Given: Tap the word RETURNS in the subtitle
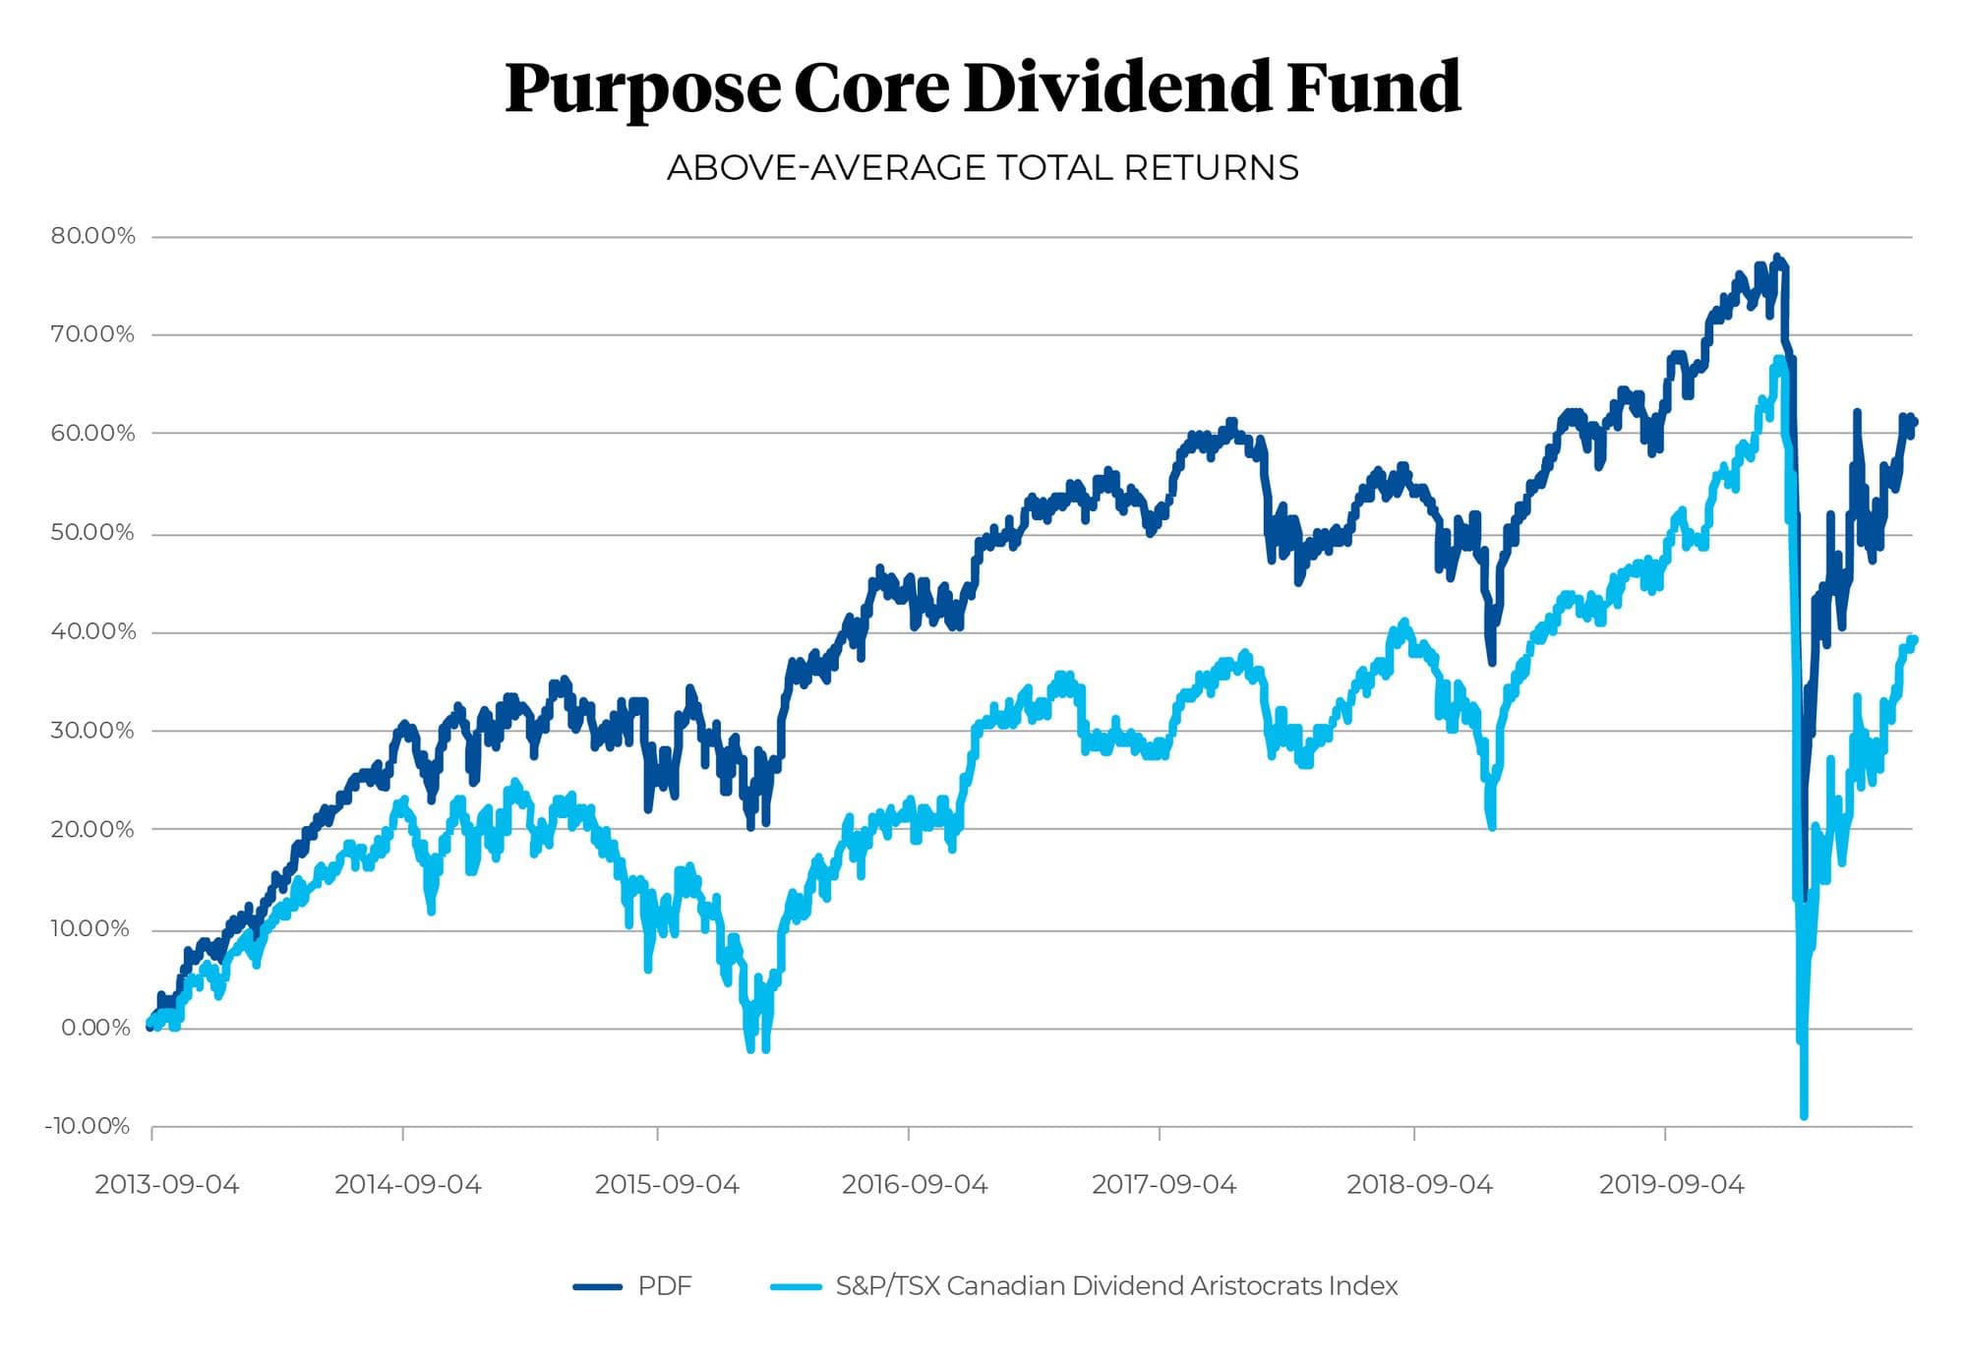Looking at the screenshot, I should tap(1212, 168).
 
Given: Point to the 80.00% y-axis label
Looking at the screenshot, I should tap(93, 236).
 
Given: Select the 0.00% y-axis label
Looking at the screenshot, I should tap(95, 1028).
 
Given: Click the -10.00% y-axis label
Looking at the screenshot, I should tap(88, 1126).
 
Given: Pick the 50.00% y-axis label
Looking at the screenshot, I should tap(92, 533).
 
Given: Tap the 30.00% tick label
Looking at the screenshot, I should tap(92, 731).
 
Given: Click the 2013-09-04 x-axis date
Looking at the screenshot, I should tap(166, 1185).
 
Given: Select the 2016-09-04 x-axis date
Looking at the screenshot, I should tap(914, 1185).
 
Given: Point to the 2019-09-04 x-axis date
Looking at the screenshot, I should tap(1671, 1185).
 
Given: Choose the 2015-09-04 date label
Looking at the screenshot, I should tap(666, 1185).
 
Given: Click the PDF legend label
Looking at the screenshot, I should tap(665, 1286).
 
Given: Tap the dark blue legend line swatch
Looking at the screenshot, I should tap(597, 1286).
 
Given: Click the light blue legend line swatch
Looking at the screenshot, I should tap(796, 1286).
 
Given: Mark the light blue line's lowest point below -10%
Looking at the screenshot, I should tap(1804, 1115).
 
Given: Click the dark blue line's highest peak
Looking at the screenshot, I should tap(1776, 259).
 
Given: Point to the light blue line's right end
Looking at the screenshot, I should tap(1913, 640).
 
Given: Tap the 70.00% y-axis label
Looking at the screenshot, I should tap(92, 334).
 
